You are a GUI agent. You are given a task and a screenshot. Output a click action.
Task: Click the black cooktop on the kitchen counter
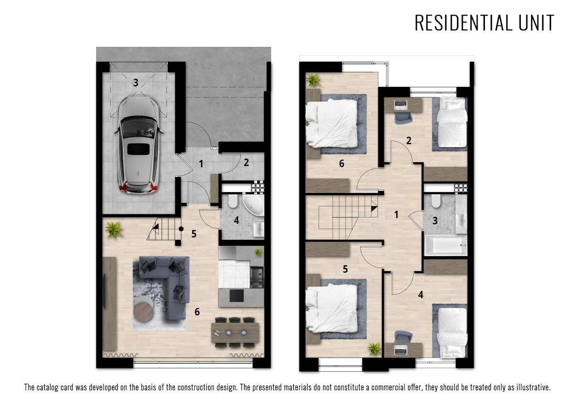[236, 295]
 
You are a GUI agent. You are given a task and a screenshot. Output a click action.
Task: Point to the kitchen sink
[256, 276]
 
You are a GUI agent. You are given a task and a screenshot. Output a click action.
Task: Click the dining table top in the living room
[235, 332]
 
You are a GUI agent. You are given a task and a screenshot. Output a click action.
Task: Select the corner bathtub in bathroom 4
[253, 205]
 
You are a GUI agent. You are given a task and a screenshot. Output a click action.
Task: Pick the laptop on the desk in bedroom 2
[401, 105]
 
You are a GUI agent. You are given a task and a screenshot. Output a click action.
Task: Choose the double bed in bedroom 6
[331, 124]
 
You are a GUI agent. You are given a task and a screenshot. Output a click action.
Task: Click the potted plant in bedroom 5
[375, 349]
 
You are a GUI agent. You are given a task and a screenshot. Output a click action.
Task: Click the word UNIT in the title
[536, 23]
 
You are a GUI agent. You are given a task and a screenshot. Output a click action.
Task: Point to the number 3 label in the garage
[136, 82]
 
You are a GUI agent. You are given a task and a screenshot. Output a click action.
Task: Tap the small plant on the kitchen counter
[258, 252]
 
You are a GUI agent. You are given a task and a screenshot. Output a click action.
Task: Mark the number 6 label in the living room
[197, 312]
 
